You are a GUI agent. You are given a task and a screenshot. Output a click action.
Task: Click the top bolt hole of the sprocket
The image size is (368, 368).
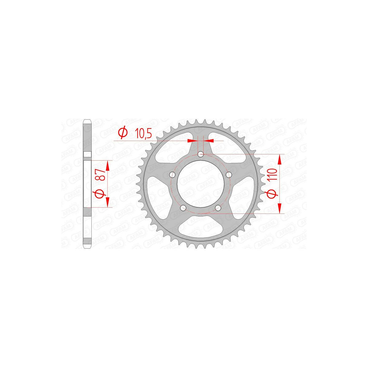point(201,154)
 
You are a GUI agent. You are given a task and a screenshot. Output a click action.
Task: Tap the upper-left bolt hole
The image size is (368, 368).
point(172,174)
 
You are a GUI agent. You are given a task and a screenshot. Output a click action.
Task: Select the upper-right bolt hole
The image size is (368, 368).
point(228,174)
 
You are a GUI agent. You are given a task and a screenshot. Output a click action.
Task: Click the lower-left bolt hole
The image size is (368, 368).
point(183,207)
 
